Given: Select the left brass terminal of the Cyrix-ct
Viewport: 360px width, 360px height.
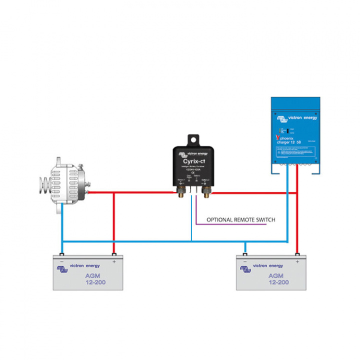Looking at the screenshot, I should click(180, 190).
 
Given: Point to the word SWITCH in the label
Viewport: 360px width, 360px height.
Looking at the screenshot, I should click(264, 219).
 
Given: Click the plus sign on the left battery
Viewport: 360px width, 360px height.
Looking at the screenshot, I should click(114, 261).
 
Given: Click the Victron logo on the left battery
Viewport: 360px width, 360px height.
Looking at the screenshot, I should click(62, 269).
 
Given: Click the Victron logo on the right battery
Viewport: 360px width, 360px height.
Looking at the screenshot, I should click(245, 269).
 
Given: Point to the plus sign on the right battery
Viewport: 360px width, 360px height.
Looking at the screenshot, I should click(297, 261).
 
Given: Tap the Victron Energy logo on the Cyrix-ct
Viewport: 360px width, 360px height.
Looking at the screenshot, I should click(194, 153).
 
